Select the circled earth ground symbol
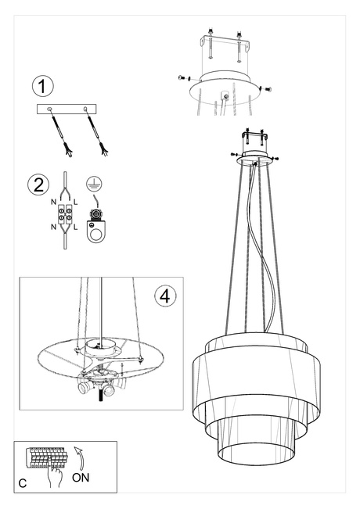95,185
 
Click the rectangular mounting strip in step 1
68,110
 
